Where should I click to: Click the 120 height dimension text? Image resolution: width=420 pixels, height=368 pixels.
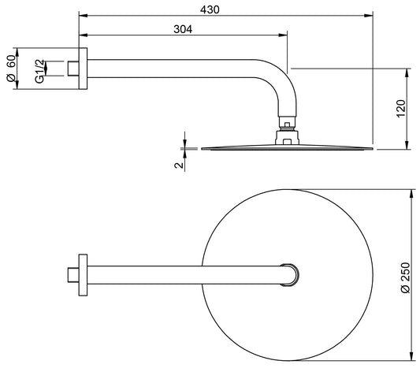400,109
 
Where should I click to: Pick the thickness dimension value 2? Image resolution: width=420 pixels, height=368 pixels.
179,164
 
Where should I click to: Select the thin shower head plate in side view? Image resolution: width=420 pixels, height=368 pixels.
288,148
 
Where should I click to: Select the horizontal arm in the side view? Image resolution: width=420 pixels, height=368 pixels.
173,68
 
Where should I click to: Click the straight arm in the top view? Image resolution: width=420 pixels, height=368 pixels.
181,273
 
